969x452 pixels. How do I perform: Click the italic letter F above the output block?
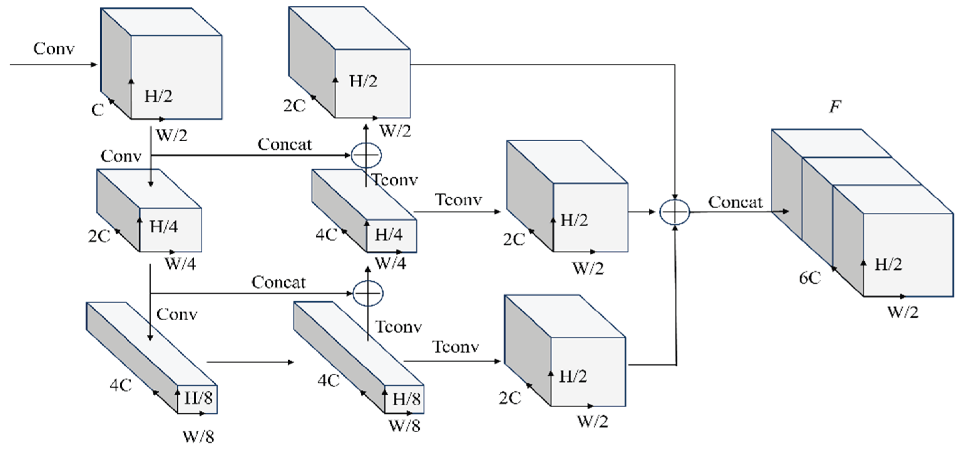[x=835, y=107]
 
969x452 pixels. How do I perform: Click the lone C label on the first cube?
[x=97, y=110]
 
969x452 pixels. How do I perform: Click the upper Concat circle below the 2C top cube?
[x=366, y=155]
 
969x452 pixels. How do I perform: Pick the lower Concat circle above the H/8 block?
[x=368, y=293]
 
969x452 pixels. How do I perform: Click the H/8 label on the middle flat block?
[x=406, y=399]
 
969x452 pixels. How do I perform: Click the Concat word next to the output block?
[x=736, y=202]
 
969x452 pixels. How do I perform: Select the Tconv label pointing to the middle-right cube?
[x=458, y=199]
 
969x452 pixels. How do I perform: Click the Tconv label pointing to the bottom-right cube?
[x=455, y=347]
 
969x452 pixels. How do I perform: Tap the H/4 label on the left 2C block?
[x=164, y=227]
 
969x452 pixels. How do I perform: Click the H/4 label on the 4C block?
[x=388, y=235]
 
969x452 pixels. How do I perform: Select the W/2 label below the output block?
[x=903, y=312]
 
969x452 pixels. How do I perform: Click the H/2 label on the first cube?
[x=158, y=97]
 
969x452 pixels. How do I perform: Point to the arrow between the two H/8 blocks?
[x=250, y=362]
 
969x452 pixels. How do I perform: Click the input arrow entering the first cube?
[x=53, y=64]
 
